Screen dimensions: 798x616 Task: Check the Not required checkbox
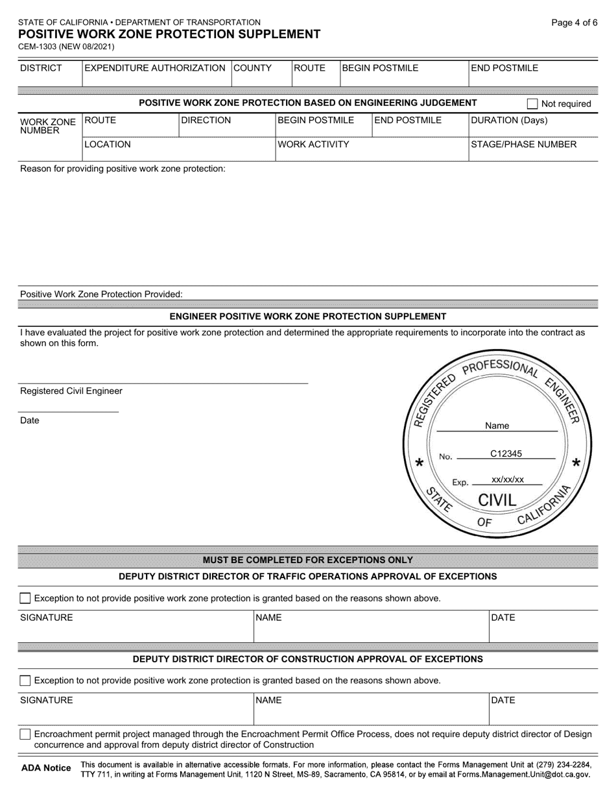click(532, 104)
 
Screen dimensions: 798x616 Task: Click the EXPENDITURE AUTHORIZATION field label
click(154, 68)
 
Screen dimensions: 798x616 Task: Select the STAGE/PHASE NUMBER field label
click(523, 145)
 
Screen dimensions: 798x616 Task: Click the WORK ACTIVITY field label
click(313, 145)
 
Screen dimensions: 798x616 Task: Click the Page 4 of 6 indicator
click(574, 23)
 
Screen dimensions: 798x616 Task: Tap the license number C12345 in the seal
click(506, 454)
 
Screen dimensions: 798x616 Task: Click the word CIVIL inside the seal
click(497, 500)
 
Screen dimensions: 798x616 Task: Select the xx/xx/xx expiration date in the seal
click(507, 480)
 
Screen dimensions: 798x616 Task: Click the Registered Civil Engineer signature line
click(162, 383)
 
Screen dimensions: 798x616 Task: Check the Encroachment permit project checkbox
click(25, 734)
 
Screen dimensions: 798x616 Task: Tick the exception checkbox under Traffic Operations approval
click(25, 598)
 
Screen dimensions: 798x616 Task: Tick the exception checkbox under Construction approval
click(25, 681)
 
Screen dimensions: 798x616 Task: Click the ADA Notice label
click(46, 768)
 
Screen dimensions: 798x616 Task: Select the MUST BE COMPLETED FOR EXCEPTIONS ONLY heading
click(307, 560)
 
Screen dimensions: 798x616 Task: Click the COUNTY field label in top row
click(252, 68)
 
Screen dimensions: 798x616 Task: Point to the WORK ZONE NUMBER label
click(47, 126)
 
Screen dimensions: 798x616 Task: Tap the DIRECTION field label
click(206, 120)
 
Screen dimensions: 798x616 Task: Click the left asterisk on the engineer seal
click(420, 463)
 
